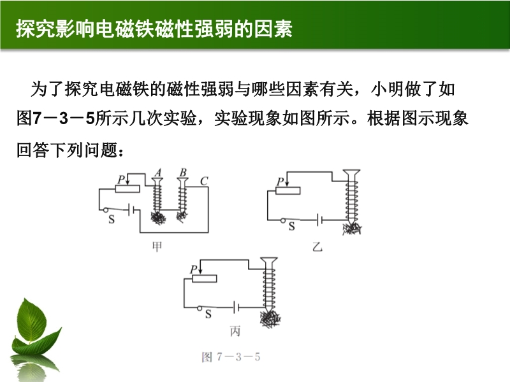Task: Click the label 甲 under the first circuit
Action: (x=157, y=247)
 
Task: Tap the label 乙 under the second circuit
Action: (x=317, y=247)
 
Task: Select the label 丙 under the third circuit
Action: (x=235, y=331)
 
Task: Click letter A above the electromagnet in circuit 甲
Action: (x=158, y=173)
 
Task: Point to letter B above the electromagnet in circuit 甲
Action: (x=183, y=173)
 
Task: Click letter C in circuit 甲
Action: (x=204, y=181)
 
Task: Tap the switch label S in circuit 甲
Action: (x=112, y=220)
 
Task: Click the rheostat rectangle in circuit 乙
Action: (x=288, y=190)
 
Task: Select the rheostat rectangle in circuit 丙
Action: (x=204, y=278)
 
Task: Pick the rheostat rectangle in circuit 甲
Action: (x=127, y=188)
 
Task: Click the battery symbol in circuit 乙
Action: (x=320, y=220)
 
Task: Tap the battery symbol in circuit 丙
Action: (x=237, y=307)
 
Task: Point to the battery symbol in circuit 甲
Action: (x=131, y=210)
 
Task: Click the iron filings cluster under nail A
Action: (x=158, y=218)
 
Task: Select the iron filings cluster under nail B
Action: (x=182, y=215)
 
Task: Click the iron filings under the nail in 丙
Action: (x=270, y=319)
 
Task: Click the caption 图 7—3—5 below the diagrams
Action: (x=231, y=357)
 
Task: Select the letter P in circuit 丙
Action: (x=194, y=269)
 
